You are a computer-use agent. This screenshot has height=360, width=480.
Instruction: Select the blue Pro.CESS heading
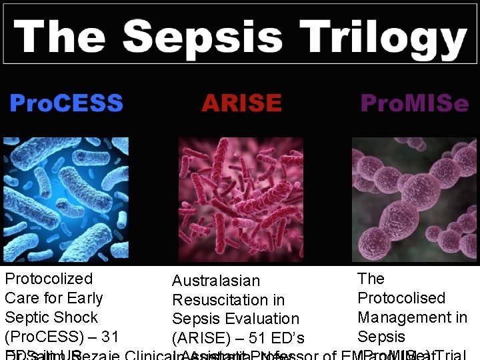(66, 104)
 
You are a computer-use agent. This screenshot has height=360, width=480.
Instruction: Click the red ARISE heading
(241, 104)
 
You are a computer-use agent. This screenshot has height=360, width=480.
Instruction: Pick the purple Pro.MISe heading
(414, 104)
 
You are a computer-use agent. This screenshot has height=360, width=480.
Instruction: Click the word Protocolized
(49, 279)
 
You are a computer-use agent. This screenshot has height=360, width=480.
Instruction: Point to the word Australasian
(216, 282)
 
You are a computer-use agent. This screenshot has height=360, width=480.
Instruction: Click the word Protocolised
(401, 298)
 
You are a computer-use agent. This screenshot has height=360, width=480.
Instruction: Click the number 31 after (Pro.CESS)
(109, 337)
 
